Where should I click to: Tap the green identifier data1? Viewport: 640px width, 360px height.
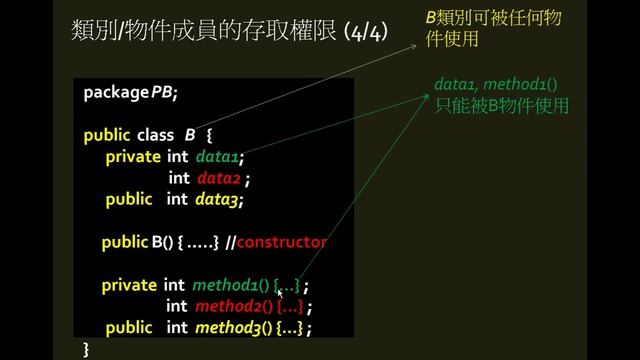tap(220, 156)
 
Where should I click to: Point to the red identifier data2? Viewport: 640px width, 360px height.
tap(219, 178)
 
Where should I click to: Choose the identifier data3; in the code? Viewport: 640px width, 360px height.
tap(220, 199)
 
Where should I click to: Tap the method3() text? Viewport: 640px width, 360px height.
tap(233, 328)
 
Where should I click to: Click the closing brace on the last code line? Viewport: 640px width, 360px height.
tap(87, 348)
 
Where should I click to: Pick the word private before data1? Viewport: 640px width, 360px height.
tap(133, 156)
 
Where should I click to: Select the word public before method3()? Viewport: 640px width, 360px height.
tap(129, 328)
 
